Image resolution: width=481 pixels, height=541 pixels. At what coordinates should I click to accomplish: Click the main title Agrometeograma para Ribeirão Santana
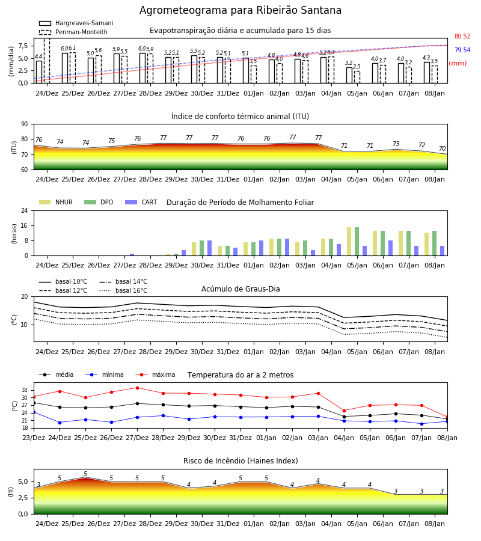click(x=240, y=10)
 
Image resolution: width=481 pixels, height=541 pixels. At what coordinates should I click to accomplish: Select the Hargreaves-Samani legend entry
click(x=76, y=23)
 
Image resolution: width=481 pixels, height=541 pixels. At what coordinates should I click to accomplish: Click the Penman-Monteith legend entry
click(x=73, y=32)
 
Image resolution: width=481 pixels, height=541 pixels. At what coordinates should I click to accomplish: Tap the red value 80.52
click(x=462, y=36)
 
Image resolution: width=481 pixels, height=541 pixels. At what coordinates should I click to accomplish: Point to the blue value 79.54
click(x=462, y=50)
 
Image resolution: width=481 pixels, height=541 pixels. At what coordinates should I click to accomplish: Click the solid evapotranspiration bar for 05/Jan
click(x=349, y=75)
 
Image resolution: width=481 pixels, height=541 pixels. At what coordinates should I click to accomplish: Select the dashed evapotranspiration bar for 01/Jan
click(x=254, y=75)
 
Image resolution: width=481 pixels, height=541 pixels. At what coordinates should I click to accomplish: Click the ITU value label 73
click(x=396, y=144)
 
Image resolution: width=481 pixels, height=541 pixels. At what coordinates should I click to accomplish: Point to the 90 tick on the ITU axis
click(x=25, y=124)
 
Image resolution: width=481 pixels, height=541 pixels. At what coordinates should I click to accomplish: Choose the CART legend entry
click(x=141, y=202)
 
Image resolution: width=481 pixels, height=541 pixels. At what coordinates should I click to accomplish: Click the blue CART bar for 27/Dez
click(x=132, y=255)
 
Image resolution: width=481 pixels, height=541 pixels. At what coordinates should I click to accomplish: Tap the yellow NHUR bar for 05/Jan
click(x=349, y=242)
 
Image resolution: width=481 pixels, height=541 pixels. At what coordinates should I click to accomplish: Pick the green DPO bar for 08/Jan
click(x=435, y=243)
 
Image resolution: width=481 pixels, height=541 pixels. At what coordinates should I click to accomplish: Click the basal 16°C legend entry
click(x=123, y=290)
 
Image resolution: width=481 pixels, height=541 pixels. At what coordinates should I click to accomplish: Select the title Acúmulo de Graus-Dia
click(x=240, y=289)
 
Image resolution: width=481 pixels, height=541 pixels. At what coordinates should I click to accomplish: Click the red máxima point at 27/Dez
click(x=137, y=388)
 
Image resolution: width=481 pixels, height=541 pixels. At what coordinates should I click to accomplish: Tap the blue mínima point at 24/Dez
click(x=60, y=423)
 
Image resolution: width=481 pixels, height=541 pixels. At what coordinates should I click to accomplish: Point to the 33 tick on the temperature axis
click(x=25, y=390)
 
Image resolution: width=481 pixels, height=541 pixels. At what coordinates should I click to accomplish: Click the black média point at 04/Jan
click(x=344, y=417)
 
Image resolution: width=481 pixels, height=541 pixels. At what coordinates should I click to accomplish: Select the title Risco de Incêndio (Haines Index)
click(x=240, y=460)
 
